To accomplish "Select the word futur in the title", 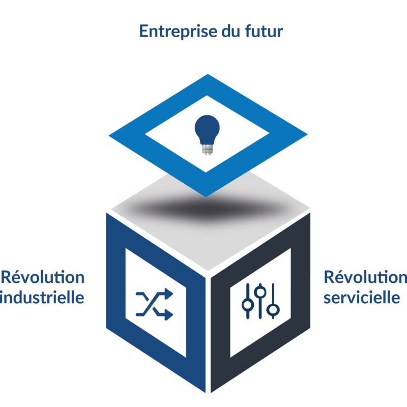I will point(264,32).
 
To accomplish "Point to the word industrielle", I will point(42,297).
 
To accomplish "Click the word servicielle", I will point(362,297).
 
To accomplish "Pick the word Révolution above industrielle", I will point(43,277).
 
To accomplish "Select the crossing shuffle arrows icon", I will point(155,305).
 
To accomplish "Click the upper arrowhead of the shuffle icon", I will point(169,295).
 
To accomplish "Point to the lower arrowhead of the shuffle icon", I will point(169,315).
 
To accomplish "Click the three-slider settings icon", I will point(260,300).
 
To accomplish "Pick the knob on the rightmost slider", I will point(274,309).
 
